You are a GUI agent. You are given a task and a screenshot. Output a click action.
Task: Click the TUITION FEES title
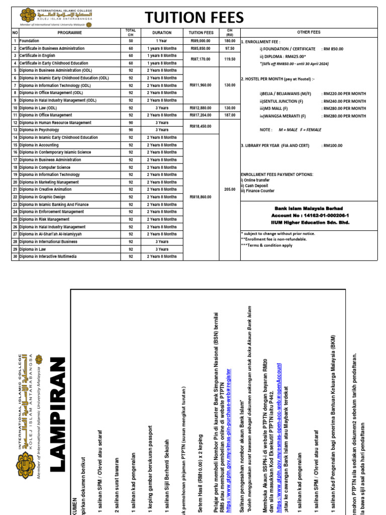195,18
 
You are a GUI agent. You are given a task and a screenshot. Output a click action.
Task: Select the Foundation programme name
30,41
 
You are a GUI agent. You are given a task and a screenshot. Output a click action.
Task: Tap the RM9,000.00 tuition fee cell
200,41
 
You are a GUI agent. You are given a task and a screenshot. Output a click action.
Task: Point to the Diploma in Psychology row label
41,130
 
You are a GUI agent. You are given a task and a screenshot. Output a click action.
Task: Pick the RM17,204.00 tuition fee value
200,115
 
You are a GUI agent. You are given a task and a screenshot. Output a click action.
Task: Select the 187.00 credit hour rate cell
230,115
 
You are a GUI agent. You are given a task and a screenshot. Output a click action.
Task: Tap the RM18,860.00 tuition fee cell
200,197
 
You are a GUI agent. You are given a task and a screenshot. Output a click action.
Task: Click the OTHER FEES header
309,32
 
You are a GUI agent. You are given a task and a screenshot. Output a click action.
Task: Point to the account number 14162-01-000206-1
310,215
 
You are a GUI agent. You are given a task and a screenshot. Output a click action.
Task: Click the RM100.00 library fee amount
332,145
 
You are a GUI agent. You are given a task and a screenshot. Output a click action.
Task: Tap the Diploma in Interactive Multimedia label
48,256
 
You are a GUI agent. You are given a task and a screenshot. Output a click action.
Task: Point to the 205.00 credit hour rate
230,190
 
